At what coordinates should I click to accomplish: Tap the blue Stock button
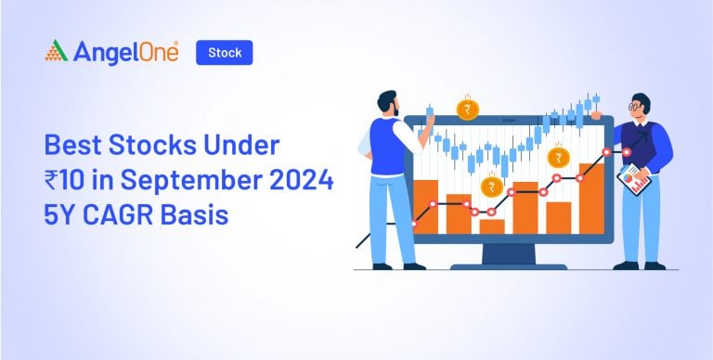tap(224, 53)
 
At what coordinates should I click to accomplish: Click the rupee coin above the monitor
tap(468, 110)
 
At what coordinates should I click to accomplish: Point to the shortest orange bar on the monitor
tap(492, 225)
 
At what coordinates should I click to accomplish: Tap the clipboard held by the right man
tap(634, 179)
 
